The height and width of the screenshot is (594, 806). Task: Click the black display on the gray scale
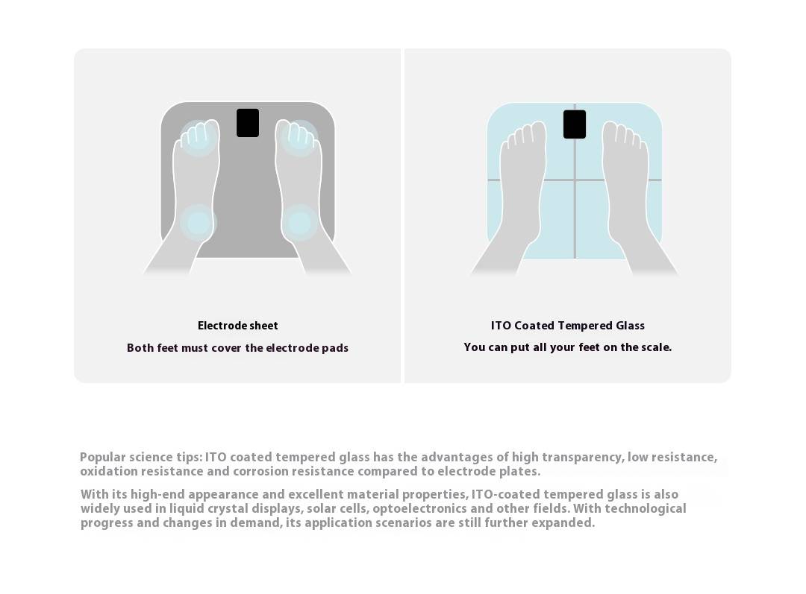[x=248, y=123]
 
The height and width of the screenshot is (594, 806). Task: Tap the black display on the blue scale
[x=575, y=124]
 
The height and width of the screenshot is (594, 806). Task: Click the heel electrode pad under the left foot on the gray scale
[x=199, y=223]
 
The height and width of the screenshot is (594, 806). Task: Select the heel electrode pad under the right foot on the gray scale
[x=300, y=223]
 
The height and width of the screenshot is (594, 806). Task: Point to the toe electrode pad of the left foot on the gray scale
[x=198, y=138]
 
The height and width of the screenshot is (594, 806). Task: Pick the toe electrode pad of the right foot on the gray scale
[x=299, y=138]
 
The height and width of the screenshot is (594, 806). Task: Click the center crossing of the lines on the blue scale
[x=575, y=180]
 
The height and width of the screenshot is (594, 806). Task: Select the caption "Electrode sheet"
[x=237, y=326]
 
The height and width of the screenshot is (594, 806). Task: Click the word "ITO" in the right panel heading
[x=501, y=326]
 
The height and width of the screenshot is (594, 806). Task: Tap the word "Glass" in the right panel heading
[x=630, y=326]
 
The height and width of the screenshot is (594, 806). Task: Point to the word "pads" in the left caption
[x=335, y=348]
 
